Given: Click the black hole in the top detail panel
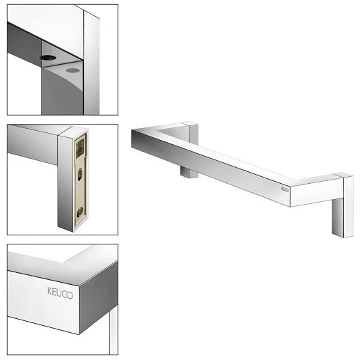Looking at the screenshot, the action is click(48, 58).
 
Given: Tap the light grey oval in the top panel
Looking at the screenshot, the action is click(72, 70).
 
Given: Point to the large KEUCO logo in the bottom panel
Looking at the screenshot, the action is click(60, 293).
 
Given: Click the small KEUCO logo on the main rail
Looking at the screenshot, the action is click(285, 189).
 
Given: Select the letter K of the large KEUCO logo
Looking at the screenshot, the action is click(49, 291).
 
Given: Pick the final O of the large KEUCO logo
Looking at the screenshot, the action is click(70, 295).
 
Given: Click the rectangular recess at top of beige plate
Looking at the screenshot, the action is click(79, 147).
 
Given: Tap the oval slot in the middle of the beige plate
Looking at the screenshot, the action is click(79, 174).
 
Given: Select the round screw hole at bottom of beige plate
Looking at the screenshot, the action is click(80, 212).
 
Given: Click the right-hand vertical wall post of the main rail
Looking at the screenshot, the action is click(343, 205).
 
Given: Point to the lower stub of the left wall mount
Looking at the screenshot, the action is click(189, 173).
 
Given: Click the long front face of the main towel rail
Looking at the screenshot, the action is click(210, 168).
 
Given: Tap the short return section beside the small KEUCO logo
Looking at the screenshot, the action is click(313, 192).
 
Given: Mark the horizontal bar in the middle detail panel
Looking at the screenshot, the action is click(33, 144).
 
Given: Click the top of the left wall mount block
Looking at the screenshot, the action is click(191, 123).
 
